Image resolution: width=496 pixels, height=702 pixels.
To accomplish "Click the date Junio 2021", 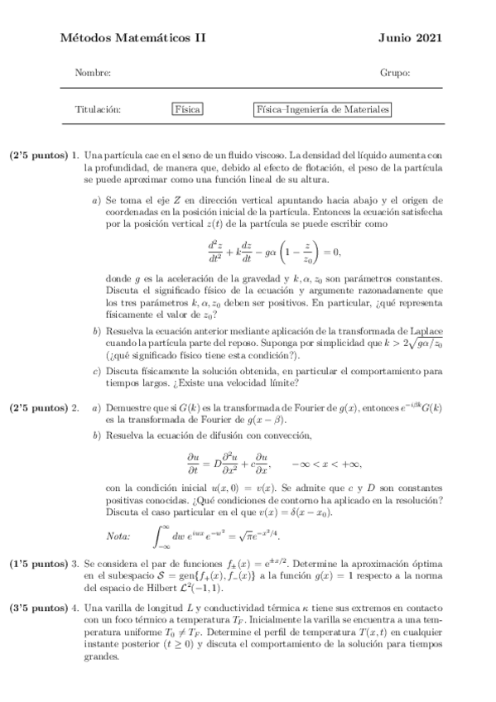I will (x=410, y=38).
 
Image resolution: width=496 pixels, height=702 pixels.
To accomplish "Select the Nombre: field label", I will (x=93, y=73).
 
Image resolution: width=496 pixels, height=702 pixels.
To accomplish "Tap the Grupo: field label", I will (x=395, y=73).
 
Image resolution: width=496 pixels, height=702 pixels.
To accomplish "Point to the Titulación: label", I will (x=98, y=109).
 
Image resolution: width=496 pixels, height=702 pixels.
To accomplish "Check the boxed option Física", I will (x=188, y=109).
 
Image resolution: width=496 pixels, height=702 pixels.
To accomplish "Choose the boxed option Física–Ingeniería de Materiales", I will (x=322, y=109).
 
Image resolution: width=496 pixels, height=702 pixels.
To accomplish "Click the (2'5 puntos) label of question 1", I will (x=38, y=155).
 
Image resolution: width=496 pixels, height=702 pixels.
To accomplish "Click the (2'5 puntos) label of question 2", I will (x=38, y=407).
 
